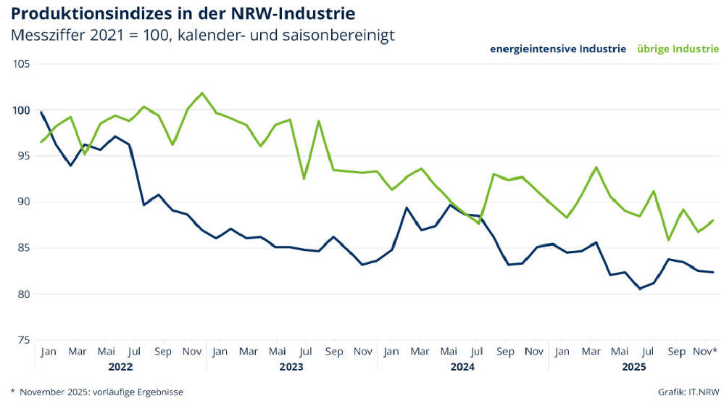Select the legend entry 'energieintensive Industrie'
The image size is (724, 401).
(x=558, y=49)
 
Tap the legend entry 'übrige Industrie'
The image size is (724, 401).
(x=678, y=49)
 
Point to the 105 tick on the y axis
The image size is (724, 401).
(x=22, y=64)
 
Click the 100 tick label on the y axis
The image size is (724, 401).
(x=22, y=110)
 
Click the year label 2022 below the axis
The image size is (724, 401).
(x=120, y=367)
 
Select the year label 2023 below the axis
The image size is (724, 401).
(x=291, y=367)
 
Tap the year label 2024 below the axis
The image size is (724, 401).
(x=462, y=367)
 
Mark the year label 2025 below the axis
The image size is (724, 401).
(x=634, y=367)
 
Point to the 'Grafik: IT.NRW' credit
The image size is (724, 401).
(x=688, y=392)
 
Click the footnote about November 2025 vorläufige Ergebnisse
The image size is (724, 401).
(x=97, y=392)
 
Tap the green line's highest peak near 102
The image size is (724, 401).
(x=202, y=93)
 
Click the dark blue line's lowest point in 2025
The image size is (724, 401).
(x=639, y=289)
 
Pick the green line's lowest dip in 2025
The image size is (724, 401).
(x=668, y=239)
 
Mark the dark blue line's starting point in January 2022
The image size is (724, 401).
(x=41, y=112)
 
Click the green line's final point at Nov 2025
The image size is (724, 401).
(x=714, y=220)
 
